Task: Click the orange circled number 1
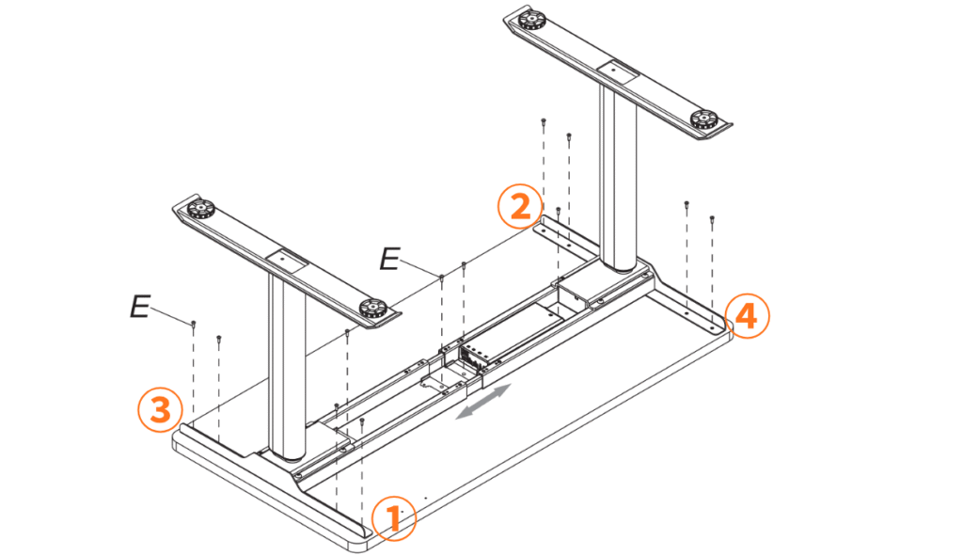(394, 518)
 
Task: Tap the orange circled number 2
(520, 206)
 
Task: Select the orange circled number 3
(160, 409)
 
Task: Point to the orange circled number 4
(746, 316)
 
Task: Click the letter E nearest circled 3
(140, 306)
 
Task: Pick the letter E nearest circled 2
(389, 259)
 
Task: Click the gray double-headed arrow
(482, 402)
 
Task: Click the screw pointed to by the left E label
(194, 324)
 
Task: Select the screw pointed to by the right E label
(442, 278)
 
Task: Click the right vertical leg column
(619, 177)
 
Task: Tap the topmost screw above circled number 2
(544, 122)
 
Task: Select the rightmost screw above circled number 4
(712, 219)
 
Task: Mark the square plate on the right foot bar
(615, 70)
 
